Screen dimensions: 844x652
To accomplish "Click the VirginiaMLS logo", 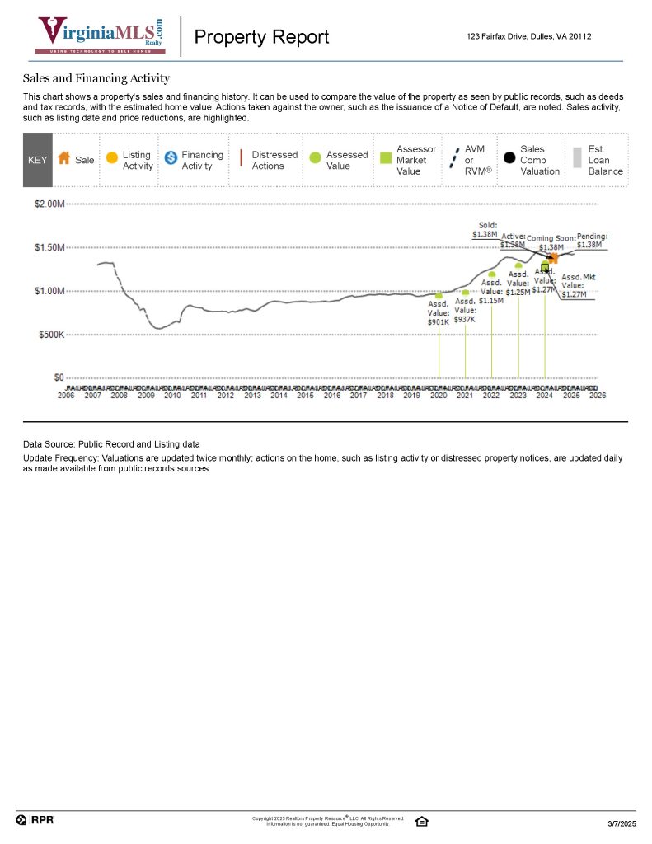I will coord(99,35).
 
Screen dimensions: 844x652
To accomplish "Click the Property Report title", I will coord(260,37).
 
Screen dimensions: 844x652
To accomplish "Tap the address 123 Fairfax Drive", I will coord(528,36).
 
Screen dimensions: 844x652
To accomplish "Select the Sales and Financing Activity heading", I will coord(96,78).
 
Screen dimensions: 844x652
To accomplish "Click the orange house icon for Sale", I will coord(63,159).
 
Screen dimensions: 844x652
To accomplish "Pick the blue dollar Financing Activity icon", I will coord(171,158).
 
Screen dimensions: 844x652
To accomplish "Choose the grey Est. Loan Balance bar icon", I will coord(577,158).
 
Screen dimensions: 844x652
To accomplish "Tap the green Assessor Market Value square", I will coord(385,158).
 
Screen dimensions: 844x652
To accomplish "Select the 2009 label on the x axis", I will coord(146,396).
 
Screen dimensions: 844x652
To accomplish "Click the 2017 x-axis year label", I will coord(359,396).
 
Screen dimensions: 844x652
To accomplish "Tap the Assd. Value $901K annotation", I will coord(439,312).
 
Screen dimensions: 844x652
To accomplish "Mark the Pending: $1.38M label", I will coord(590,240).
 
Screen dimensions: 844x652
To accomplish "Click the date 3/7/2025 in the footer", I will coord(622,824).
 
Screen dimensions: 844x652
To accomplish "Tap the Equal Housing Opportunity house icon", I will coord(421,821).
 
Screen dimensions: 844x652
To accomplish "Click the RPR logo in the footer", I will coord(35,820).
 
